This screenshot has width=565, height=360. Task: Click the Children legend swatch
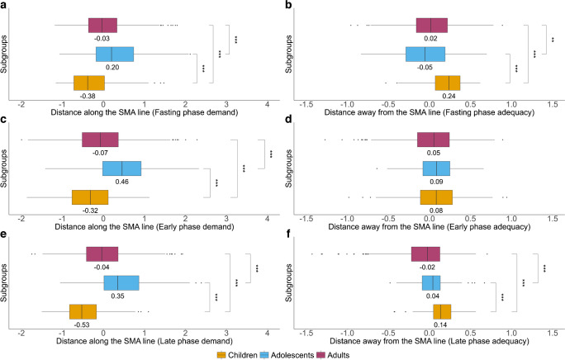221,355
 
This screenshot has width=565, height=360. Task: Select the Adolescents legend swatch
264,355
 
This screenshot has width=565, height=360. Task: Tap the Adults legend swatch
320,355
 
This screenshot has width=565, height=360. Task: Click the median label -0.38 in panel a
88,97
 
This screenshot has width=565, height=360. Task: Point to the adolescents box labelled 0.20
115,54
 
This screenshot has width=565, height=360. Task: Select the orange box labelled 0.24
448,83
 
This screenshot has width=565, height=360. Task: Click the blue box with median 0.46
121,168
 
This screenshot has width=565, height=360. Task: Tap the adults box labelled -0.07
100,140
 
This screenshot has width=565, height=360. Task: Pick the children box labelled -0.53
83,312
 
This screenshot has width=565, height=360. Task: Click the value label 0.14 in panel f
440,324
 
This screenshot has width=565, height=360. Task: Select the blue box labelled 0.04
431,283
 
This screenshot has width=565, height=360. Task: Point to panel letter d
288,120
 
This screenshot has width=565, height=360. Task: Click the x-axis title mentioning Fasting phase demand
145,112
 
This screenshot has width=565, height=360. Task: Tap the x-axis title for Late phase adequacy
430,341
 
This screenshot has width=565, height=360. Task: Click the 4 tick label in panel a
267,105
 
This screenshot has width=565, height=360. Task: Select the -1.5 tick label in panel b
306,105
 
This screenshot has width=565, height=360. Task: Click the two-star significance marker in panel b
553,40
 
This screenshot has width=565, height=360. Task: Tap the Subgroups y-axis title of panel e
3,283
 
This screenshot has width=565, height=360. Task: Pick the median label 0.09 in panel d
436,182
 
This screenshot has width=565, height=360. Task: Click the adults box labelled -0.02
426,254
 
